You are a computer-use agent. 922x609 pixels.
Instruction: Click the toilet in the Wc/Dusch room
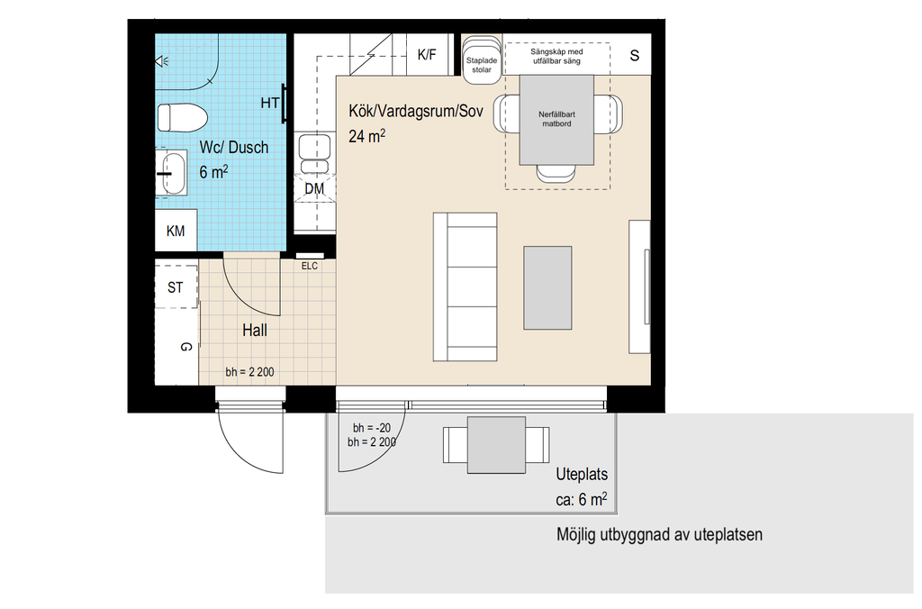[x=182, y=117]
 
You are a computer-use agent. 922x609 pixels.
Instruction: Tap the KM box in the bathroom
[x=176, y=231]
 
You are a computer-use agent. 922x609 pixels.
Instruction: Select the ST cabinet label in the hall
[x=176, y=287]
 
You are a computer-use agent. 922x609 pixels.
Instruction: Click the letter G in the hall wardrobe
[x=185, y=347]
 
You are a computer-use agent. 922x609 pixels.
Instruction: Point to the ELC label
[x=310, y=266]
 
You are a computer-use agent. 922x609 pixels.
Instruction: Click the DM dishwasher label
[x=314, y=189]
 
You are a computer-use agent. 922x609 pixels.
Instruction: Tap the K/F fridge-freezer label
[x=427, y=55]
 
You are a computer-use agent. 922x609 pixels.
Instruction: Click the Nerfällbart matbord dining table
[x=556, y=120]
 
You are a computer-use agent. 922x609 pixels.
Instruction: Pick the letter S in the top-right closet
[x=635, y=55]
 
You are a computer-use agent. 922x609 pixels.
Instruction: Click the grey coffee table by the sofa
[x=547, y=287]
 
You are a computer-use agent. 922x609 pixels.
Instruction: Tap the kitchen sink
[x=314, y=153]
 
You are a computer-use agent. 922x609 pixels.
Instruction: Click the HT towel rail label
[x=270, y=103]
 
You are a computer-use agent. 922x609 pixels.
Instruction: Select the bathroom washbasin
[x=172, y=173]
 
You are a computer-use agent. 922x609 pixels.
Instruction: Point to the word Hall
[x=255, y=330]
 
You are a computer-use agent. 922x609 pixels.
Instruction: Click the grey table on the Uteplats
[x=496, y=445]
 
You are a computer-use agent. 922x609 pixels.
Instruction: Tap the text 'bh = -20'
[x=372, y=428]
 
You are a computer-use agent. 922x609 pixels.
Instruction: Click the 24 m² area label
[x=367, y=136]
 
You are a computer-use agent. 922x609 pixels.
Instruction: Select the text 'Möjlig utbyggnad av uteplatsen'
[x=659, y=535]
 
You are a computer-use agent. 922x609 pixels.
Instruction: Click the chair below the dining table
[x=556, y=173]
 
